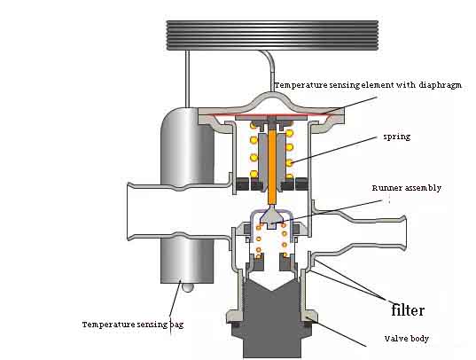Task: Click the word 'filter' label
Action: [408, 310]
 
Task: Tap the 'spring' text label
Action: [397, 137]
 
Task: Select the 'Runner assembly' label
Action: [407, 188]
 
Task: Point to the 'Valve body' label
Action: [407, 339]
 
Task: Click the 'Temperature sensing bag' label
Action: [133, 325]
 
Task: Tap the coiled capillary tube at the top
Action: [273, 35]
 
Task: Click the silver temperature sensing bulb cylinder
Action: [187, 194]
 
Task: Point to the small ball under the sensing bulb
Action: [188, 287]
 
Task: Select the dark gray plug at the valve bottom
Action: [271, 319]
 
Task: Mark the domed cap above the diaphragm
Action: [271, 102]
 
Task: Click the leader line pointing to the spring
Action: [333, 150]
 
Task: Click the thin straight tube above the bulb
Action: [188, 78]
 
